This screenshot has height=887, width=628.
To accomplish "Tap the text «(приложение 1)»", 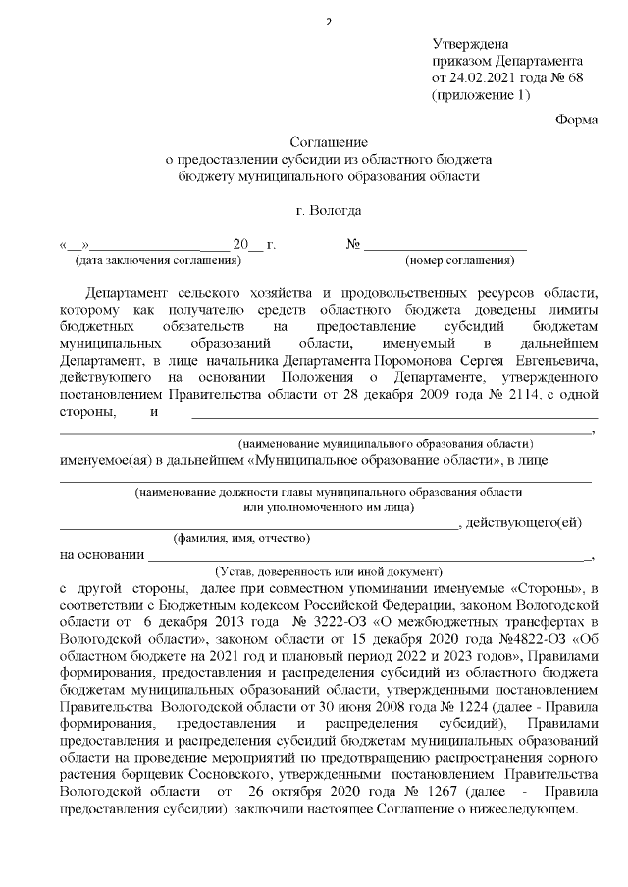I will coord(481,95).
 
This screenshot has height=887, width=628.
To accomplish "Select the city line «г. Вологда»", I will coord(329,210).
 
